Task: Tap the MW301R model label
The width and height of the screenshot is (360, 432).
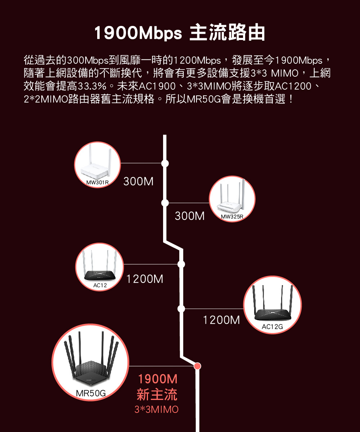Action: [x=97, y=183]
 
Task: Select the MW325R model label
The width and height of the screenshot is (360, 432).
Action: [x=232, y=217]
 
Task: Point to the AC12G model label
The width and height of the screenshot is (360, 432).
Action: [x=273, y=327]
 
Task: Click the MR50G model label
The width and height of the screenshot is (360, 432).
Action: [x=91, y=393]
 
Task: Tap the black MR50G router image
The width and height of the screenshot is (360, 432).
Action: [x=91, y=360]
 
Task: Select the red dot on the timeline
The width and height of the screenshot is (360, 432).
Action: [x=197, y=366]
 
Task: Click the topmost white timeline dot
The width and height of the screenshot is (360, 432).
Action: [x=165, y=163]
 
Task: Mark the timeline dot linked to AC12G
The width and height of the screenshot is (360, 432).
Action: [x=181, y=309]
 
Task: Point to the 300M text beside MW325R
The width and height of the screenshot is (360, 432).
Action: [x=190, y=216]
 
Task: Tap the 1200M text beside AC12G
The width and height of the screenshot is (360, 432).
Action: [x=221, y=320]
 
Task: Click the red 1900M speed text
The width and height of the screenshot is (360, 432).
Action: [x=157, y=379]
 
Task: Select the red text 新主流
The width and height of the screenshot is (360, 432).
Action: [x=157, y=395]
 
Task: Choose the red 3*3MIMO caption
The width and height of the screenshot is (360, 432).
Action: [x=156, y=410]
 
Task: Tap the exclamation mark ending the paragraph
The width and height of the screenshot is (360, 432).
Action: [x=291, y=99]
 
